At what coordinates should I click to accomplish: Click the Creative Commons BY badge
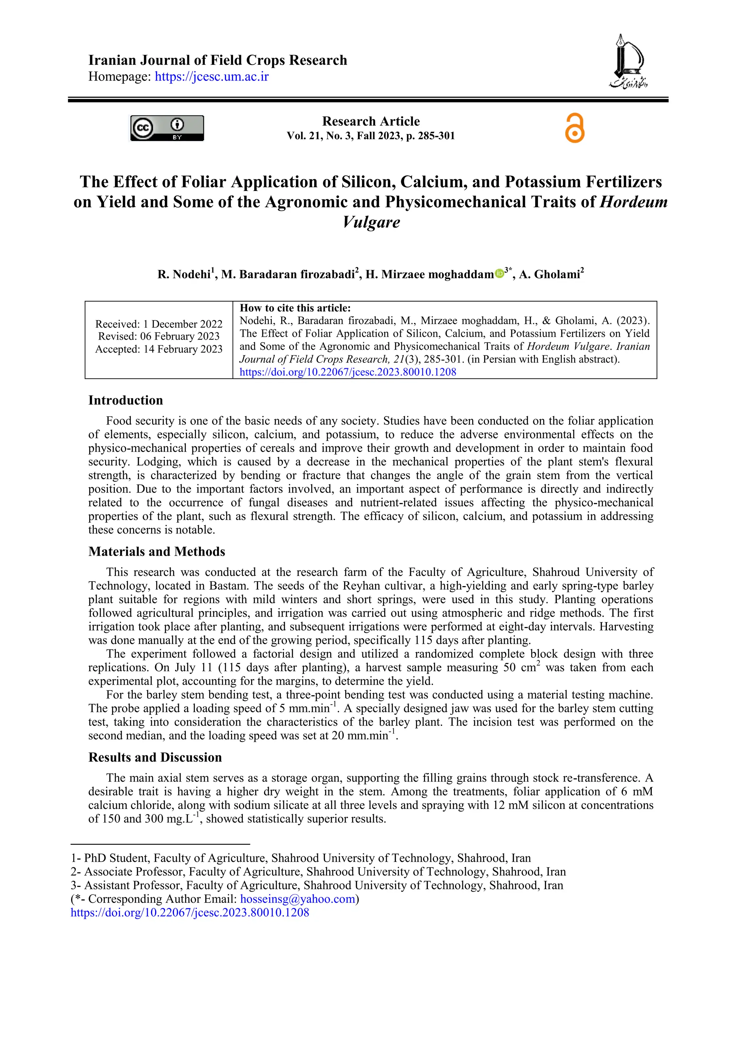pos(167,128)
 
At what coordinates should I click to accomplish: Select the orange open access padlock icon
pos(574,129)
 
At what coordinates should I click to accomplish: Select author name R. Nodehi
pos(184,274)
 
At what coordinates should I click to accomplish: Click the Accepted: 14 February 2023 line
pos(159,349)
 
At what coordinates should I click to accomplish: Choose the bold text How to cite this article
pos(295,308)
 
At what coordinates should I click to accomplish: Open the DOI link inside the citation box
pos(347,372)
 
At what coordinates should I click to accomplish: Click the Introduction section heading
pos(126,400)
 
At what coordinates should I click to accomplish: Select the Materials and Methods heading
pos(157,552)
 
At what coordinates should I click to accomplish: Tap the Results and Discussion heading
pos(155,757)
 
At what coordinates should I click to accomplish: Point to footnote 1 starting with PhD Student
pos(300,858)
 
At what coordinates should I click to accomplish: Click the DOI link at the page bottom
pos(190,912)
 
